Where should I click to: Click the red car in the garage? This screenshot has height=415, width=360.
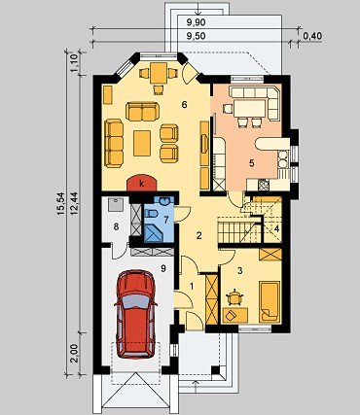135,314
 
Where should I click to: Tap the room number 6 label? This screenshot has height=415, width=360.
185,105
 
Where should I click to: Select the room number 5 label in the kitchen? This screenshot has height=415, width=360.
252,163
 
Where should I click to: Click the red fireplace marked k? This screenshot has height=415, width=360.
142,184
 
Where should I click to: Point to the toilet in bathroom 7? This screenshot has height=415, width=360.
152,213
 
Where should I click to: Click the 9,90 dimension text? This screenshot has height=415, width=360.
197,22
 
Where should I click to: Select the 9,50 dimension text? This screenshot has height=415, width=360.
197,36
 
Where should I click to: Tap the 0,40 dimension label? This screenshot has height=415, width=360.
312,36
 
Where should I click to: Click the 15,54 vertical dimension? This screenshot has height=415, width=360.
61,204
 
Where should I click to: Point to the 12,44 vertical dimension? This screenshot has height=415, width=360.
73,204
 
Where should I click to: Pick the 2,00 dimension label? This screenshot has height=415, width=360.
73,354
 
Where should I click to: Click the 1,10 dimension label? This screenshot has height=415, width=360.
73,63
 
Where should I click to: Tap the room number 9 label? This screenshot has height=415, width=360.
163,268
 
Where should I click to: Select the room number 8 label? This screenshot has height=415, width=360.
116,226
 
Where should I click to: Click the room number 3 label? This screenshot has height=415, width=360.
240,271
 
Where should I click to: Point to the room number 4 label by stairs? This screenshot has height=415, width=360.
276,228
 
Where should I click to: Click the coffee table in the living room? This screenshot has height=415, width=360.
142,143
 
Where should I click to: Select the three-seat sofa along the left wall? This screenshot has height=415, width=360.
114,143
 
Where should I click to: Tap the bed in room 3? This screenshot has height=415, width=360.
270,301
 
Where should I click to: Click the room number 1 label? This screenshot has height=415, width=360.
192,286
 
